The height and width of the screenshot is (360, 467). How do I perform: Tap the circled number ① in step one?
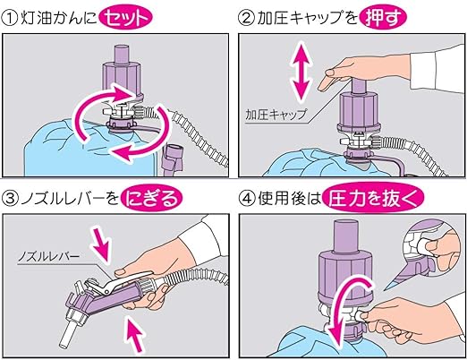pos(12,16)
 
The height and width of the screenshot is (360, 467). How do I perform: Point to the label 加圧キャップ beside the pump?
pos(274,115)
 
